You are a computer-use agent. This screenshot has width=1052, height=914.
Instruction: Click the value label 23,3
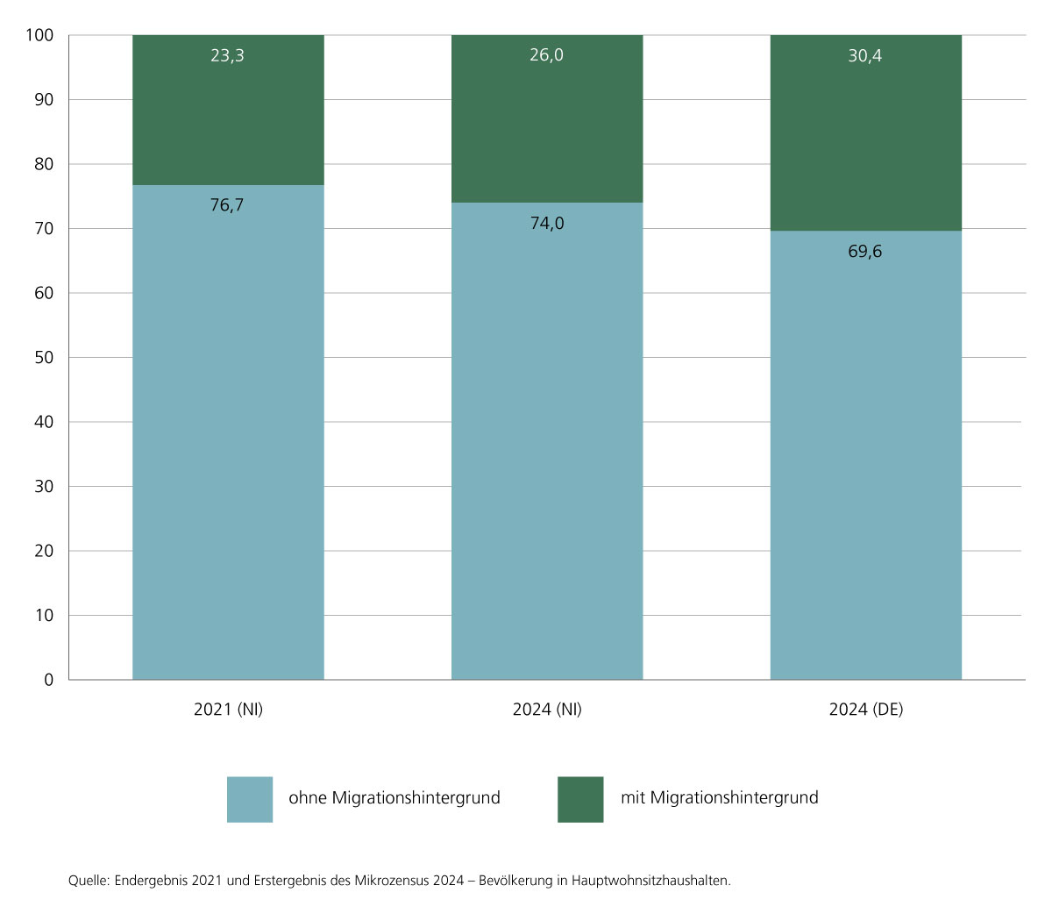[x=227, y=56]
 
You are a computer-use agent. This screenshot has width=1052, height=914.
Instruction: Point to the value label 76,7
[x=227, y=205]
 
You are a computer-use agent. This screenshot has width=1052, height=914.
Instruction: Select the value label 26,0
[x=546, y=55]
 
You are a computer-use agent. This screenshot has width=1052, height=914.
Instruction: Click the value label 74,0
[x=547, y=224]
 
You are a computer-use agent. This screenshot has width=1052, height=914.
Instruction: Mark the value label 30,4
[x=865, y=56]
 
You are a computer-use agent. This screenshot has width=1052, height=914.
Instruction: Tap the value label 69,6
[x=865, y=252]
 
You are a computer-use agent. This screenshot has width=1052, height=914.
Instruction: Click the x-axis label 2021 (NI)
[x=228, y=710]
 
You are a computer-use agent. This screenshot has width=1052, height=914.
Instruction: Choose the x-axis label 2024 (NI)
[x=547, y=710]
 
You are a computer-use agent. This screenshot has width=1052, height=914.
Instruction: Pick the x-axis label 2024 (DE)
[x=865, y=710]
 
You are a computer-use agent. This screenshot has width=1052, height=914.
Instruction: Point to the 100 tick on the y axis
[x=39, y=35]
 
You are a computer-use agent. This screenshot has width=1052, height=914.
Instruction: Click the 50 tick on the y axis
[x=44, y=358]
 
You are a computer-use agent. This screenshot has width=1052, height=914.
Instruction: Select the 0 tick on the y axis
[x=49, y=680]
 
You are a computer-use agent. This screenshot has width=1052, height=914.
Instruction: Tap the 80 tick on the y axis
[x=44, y=164]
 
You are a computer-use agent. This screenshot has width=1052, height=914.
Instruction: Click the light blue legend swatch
[x=250, y=799]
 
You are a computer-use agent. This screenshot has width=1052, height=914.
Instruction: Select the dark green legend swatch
[x=580, y=799]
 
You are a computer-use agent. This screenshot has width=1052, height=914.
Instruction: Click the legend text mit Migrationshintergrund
[x=719, y=798]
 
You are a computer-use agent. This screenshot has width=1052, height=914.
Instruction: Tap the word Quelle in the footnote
[x=89, y=881]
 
